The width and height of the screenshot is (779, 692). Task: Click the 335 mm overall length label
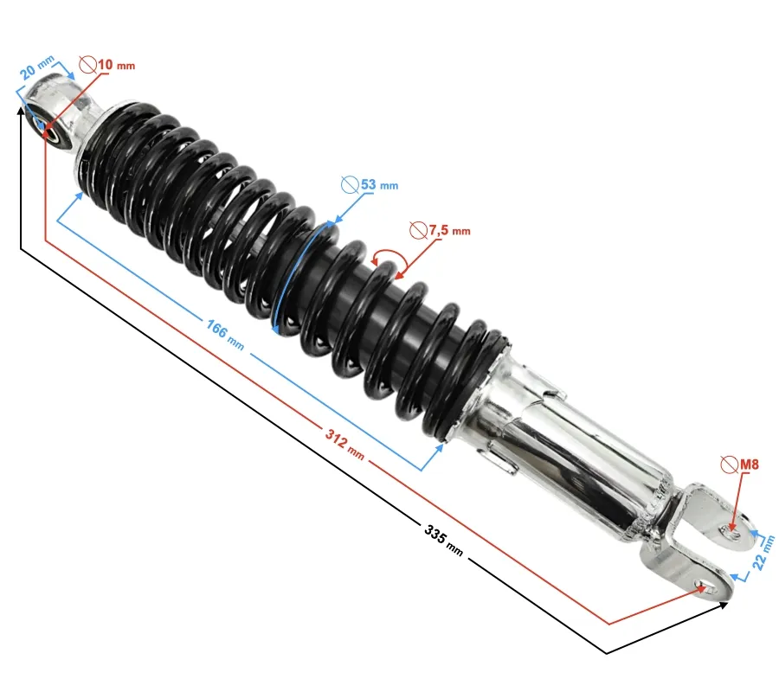[444, 541]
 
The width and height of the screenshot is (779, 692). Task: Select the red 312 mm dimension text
[344, 444]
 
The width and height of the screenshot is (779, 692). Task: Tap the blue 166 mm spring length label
[225, 335]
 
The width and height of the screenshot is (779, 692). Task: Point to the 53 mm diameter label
[379, 184]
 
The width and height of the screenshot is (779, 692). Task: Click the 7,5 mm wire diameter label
[449, 230]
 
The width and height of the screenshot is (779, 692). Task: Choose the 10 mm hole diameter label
[116, 65]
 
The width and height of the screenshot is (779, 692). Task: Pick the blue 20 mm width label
[36, 67]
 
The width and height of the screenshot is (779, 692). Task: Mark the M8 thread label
[750, 465]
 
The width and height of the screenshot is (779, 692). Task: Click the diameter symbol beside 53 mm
[350, 184]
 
